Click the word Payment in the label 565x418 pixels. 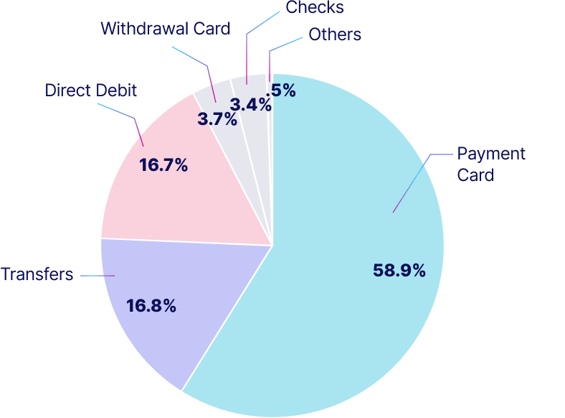(x=491, y=154)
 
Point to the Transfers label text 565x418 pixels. (x=37, y=274)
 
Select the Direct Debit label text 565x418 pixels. (x=90, y=90)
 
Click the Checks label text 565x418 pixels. (x=314, y=8)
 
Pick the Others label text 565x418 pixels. (x=335, y=34)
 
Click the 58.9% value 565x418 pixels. (x=399, y=271)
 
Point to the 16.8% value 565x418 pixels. (x=151, y=306)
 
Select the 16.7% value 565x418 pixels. (x=163, y=166)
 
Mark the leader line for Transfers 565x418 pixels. (x=97, y=275)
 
